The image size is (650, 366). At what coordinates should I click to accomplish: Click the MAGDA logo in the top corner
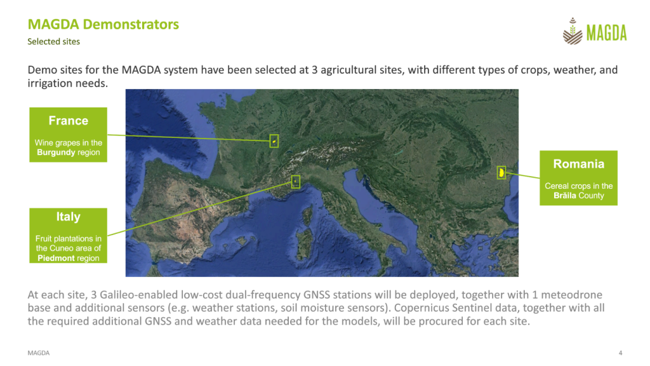[x=594, y=31]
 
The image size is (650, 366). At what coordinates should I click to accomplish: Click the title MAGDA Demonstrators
[x=103, y=24]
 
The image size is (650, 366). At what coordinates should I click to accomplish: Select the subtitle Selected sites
[x=53, y=41]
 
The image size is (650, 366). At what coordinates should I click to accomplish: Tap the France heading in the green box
[x=69, y=121]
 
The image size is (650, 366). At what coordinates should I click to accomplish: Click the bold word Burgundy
[x=56, y=152]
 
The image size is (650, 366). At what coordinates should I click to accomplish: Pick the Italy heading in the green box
[x=69, y=217]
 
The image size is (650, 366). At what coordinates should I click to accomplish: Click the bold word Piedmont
[x=56, y=258]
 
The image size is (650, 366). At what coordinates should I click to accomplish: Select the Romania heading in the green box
[x=579, y=164]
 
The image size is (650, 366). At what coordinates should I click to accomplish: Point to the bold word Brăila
[x=564, y=196]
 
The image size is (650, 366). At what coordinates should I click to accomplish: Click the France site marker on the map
[x=274, y=141]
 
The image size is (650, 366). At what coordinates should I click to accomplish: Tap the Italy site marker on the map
[x=296, y=181]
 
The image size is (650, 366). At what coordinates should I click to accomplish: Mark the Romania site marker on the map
[x=501, y=172]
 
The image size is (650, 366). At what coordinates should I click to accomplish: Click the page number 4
[x=621, y=353]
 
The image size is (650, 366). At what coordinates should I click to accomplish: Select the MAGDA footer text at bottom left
[x=39, y=353]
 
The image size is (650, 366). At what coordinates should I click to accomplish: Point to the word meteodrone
[x=572, y=295]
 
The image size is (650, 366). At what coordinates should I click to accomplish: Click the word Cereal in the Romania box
[x=556, y=186]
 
